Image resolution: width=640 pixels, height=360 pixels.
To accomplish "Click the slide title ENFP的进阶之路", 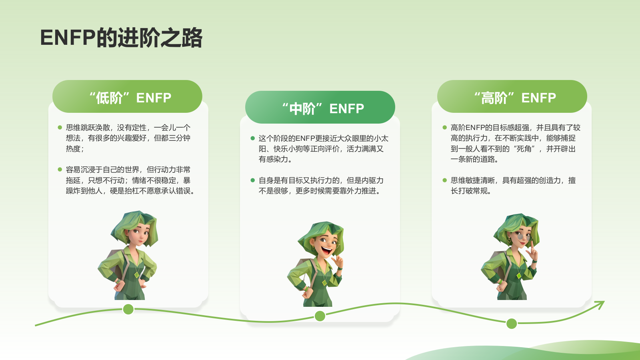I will [x=121, y=38].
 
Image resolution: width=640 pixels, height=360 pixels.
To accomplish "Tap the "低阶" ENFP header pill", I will [x=127, y=97].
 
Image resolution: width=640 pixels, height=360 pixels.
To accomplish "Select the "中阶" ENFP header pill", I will [x=320, y=108].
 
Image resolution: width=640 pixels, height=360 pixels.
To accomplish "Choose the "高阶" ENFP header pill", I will [x=512, y=97].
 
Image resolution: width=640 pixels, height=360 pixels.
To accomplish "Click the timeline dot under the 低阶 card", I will [x=128, y=309].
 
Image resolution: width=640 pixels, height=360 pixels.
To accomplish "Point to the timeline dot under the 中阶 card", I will [x=320, y=316].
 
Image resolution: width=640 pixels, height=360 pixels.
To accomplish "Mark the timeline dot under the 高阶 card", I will [x=512, y=324].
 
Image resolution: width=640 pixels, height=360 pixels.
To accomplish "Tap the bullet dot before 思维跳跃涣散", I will [x=60, y=128].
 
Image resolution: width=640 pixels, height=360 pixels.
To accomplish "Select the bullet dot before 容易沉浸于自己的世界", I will [x=60, y=170].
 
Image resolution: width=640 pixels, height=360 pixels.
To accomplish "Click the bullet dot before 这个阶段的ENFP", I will [x=253, y=138].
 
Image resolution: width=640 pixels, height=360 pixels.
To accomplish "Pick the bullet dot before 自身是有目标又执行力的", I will [x=253, y=180].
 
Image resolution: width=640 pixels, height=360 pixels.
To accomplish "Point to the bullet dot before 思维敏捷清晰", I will [x=445, y=180].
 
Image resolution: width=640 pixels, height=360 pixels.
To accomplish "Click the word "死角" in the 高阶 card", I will [x=524, y=149].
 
